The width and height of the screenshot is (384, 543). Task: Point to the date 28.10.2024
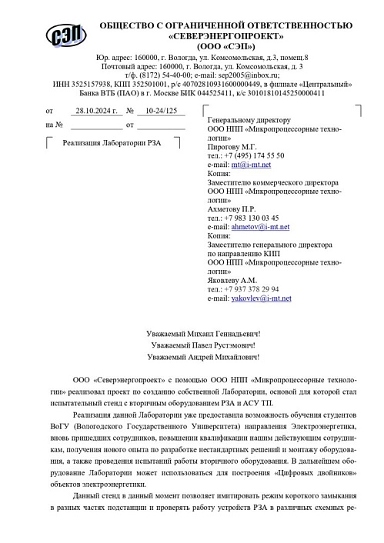[x=97, y=111]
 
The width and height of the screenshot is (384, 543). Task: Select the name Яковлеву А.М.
[x=232, y=280]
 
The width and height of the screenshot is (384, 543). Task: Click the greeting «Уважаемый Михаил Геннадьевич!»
[x=203, y=334]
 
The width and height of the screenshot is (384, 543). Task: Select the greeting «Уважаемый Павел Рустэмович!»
[x=203, y=345]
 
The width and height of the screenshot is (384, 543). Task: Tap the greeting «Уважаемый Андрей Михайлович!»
[x=203, y=357]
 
